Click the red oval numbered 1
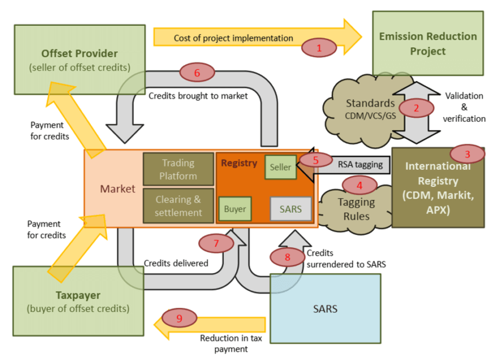point(319,48)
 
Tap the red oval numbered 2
point(416,108)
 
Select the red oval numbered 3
point(467,155)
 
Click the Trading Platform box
point(178,169)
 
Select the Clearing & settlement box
point(178,205)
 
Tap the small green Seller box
point(280,167)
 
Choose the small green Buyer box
point(235,209)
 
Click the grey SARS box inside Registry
point(291,209)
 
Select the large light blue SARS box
point(325,308)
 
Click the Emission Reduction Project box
point(428,44)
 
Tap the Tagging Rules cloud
point(356,208)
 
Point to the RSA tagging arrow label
point(360,165)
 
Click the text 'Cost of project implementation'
point(233,38)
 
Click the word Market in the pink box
point(117,189)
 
